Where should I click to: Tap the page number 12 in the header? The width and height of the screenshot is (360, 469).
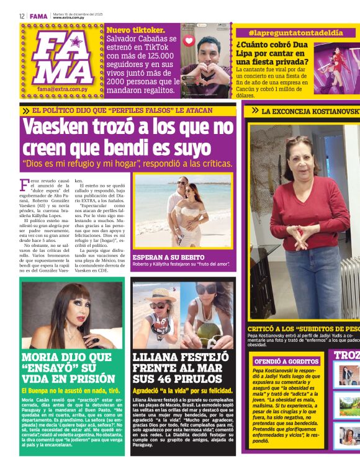(22, 16)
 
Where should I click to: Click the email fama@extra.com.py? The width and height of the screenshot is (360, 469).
(61, 89)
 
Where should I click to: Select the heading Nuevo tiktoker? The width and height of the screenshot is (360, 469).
(136, 29)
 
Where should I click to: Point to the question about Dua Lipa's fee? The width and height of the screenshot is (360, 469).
(272, 53)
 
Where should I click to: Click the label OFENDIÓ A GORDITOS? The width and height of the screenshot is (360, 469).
(286, 360)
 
